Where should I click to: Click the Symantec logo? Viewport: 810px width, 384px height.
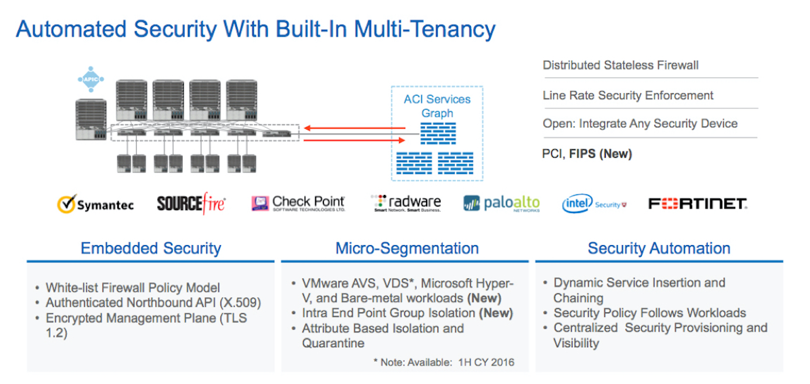(95, 204)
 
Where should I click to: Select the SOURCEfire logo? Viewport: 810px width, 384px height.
(191, 204)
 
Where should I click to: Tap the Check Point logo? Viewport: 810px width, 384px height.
(298, 203)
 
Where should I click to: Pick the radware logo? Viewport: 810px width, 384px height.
(407, 203)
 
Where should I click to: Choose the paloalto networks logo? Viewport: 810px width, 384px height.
(501, 204)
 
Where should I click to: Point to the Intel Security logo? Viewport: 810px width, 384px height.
(594, 204)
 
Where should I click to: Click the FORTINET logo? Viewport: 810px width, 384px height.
(697, 204)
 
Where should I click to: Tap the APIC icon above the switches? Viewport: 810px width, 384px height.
(90, 79)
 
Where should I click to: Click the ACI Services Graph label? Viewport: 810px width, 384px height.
(437, 106)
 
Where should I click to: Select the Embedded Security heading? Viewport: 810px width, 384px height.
(151, 248)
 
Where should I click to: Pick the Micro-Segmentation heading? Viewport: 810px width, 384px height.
(407, 248)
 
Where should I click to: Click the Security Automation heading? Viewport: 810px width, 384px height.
(659, 248)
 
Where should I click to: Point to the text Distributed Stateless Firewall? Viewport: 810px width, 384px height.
(620, 65)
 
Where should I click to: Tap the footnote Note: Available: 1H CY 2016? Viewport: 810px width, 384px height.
(444, 362)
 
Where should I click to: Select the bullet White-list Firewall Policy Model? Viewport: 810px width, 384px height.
(132, 288)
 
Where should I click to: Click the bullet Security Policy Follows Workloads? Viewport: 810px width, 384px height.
(650, 313)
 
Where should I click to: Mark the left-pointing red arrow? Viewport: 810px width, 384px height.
(354, 128)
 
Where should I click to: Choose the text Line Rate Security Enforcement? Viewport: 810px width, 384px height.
(628, 95)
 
